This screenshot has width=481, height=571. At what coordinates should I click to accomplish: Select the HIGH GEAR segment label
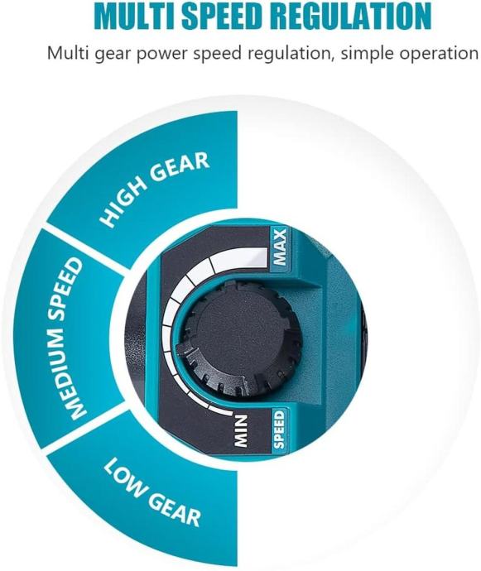point(155,190)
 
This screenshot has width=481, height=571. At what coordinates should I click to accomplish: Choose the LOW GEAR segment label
point(152,492)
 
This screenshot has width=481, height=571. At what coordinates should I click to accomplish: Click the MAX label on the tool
point(280,247)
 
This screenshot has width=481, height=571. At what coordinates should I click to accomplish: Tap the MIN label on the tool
point(241,431)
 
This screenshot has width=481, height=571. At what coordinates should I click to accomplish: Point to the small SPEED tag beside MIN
point(279,429)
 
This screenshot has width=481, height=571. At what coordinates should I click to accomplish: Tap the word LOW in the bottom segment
point(125,477)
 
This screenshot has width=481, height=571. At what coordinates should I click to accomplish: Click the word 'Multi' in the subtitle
point(68,53)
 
